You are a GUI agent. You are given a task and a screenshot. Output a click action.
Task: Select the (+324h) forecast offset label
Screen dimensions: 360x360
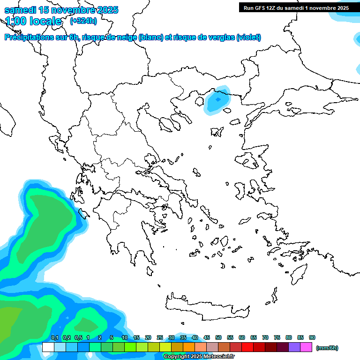pos(83,21)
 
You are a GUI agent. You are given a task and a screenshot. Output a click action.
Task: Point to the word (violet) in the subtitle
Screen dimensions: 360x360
pos(248,37)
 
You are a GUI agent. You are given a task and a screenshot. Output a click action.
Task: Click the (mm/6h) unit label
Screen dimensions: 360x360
pos(327,348)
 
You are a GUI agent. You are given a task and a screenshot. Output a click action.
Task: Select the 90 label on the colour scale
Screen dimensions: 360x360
pos(312,337)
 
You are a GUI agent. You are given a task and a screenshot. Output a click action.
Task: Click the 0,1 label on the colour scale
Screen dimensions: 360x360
pos(54,337)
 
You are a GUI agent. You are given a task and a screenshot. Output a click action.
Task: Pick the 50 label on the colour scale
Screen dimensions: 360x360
pos(218,337)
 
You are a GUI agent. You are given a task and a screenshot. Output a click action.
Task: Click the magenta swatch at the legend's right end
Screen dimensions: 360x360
pos(306,347)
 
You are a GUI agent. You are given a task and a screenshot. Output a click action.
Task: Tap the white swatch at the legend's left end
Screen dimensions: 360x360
pos(48,347)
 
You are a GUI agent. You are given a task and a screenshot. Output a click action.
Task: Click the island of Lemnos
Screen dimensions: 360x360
pos(217,132)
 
